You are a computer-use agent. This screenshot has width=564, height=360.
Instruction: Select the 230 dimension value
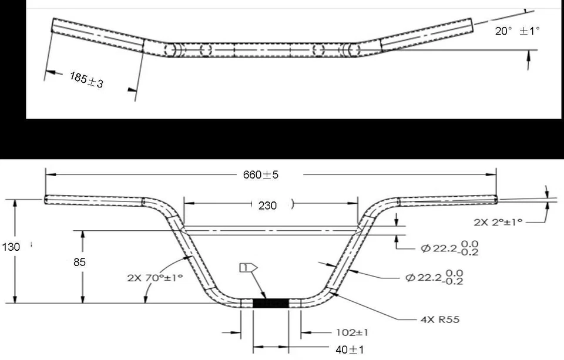pos(268,206)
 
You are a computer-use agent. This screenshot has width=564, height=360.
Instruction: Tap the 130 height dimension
pos(11,247)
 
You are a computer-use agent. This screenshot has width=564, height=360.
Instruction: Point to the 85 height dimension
pos(79,262)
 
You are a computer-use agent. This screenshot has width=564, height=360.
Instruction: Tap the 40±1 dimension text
pos(350,350)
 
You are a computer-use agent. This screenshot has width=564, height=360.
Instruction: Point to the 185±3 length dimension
pos(86,80)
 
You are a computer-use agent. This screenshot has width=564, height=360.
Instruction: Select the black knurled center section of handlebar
pos(270,303)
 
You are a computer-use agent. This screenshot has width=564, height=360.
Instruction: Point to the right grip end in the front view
pos(495,200)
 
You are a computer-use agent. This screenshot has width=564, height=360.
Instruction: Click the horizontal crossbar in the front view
pos(270,230)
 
